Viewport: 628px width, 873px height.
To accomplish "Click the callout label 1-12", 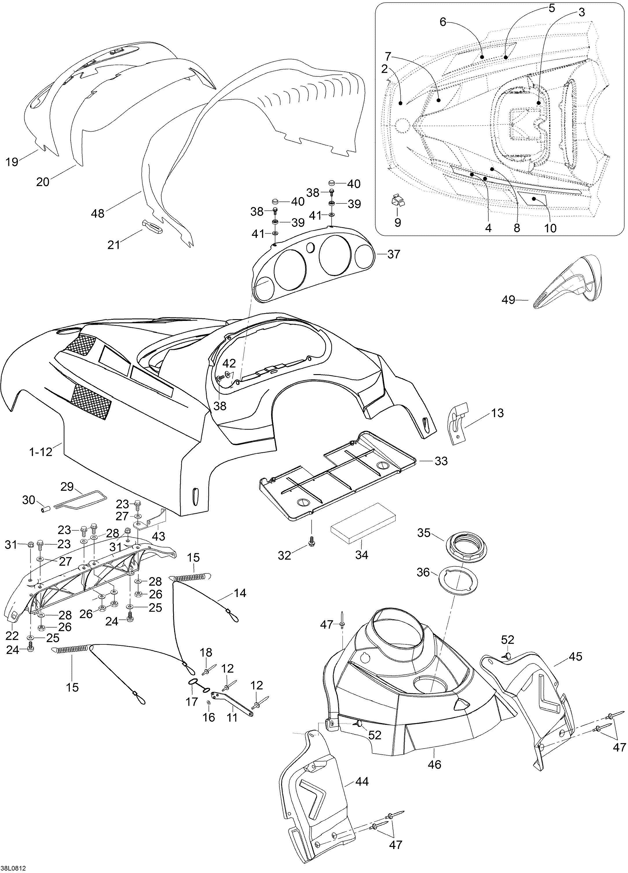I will [x=41, y=452].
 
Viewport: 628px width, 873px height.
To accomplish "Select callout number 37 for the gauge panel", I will [x=393, y=254].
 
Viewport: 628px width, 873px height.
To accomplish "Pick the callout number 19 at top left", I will [x=12, y=162].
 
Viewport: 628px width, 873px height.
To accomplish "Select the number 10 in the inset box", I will [x=551, y=228].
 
